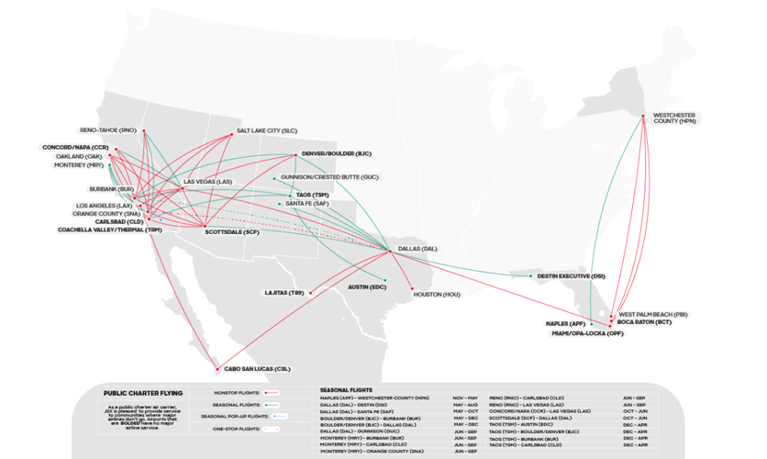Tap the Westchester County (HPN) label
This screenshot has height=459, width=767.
point(673,118)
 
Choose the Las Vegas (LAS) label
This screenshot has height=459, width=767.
point(208,182)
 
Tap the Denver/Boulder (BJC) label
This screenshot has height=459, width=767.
point(336,153)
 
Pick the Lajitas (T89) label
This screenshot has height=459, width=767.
point(283,293)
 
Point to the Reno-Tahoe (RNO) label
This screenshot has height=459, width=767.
point(108,130)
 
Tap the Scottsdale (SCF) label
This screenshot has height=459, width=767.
point(232,232)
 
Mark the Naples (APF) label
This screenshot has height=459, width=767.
point(565,324)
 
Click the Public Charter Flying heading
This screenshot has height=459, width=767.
point(138,392)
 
